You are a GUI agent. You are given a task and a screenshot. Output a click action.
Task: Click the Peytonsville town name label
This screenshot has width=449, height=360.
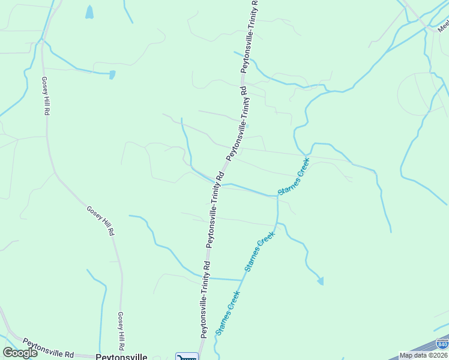coord(121,356)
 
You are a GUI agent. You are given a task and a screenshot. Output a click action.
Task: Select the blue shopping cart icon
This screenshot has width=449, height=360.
coord(187,357)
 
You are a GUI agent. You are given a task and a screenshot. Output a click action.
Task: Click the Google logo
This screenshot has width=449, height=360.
coord(20,352)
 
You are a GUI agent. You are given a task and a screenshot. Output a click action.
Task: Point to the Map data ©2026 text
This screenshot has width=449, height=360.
coord(424,355)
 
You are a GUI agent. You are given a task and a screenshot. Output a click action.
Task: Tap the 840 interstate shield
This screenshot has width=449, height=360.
coord(442,344)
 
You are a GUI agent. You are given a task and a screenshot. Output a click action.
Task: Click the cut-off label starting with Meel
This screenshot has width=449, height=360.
coord(443,26)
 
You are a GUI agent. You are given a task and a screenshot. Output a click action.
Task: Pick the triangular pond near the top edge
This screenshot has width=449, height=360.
coord(89,11)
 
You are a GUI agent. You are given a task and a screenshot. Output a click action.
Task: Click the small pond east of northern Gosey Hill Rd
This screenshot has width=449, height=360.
coord(112,75)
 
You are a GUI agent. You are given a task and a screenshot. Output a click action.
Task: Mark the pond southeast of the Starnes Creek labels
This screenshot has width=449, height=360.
coord(321,280)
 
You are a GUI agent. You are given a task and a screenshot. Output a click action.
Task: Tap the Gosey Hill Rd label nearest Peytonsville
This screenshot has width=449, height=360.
coord(121,331)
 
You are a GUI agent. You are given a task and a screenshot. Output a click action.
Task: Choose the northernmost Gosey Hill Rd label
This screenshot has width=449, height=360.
coord(45,95)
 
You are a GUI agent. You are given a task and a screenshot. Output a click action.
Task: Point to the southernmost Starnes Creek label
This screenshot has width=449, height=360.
coord(228,312)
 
